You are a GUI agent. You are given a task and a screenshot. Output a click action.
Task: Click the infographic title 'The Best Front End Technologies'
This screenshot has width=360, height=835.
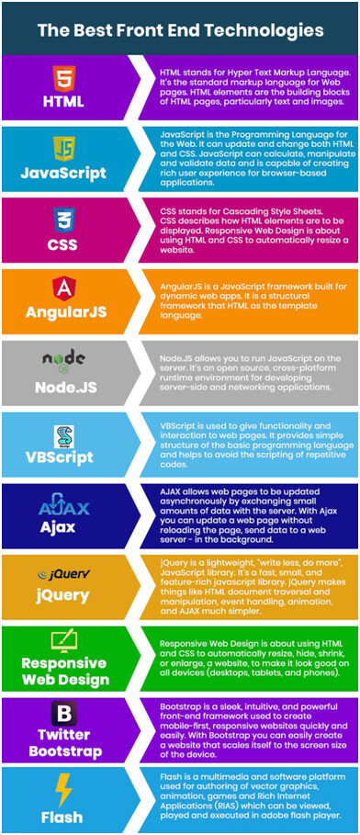pos(180,30)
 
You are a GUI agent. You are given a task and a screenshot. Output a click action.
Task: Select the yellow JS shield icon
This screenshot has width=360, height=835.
pos(63,148)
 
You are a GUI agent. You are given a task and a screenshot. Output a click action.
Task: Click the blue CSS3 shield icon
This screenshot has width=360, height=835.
pos(63,219)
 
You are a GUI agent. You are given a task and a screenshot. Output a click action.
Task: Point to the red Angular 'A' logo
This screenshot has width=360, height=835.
pos(63,288)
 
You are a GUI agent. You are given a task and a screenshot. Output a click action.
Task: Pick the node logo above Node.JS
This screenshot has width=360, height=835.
pos(63,358)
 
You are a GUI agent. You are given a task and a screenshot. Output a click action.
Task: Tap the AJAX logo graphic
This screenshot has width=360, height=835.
pos(63,506)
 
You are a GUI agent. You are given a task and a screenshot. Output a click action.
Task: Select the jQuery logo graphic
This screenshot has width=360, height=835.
pos(63,575)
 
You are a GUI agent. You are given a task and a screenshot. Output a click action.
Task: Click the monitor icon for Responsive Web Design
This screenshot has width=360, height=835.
pos(63,640)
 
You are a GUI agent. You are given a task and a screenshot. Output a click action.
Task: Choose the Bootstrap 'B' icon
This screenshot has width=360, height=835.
pos(63,714)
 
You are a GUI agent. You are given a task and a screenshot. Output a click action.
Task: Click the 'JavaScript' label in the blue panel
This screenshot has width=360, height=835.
pos(63,172)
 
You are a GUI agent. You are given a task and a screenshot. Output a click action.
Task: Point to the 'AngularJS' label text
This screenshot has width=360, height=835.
pos(63,312)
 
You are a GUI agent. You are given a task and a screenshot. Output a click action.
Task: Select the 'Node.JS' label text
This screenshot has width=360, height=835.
pos(63,384)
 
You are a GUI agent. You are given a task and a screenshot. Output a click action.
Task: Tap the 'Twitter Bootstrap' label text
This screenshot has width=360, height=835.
pos(63,741)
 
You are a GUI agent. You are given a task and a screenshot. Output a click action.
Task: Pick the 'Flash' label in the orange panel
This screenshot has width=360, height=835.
pos(63,815)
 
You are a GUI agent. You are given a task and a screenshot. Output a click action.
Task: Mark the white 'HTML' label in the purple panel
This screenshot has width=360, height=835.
pos(63,101)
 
